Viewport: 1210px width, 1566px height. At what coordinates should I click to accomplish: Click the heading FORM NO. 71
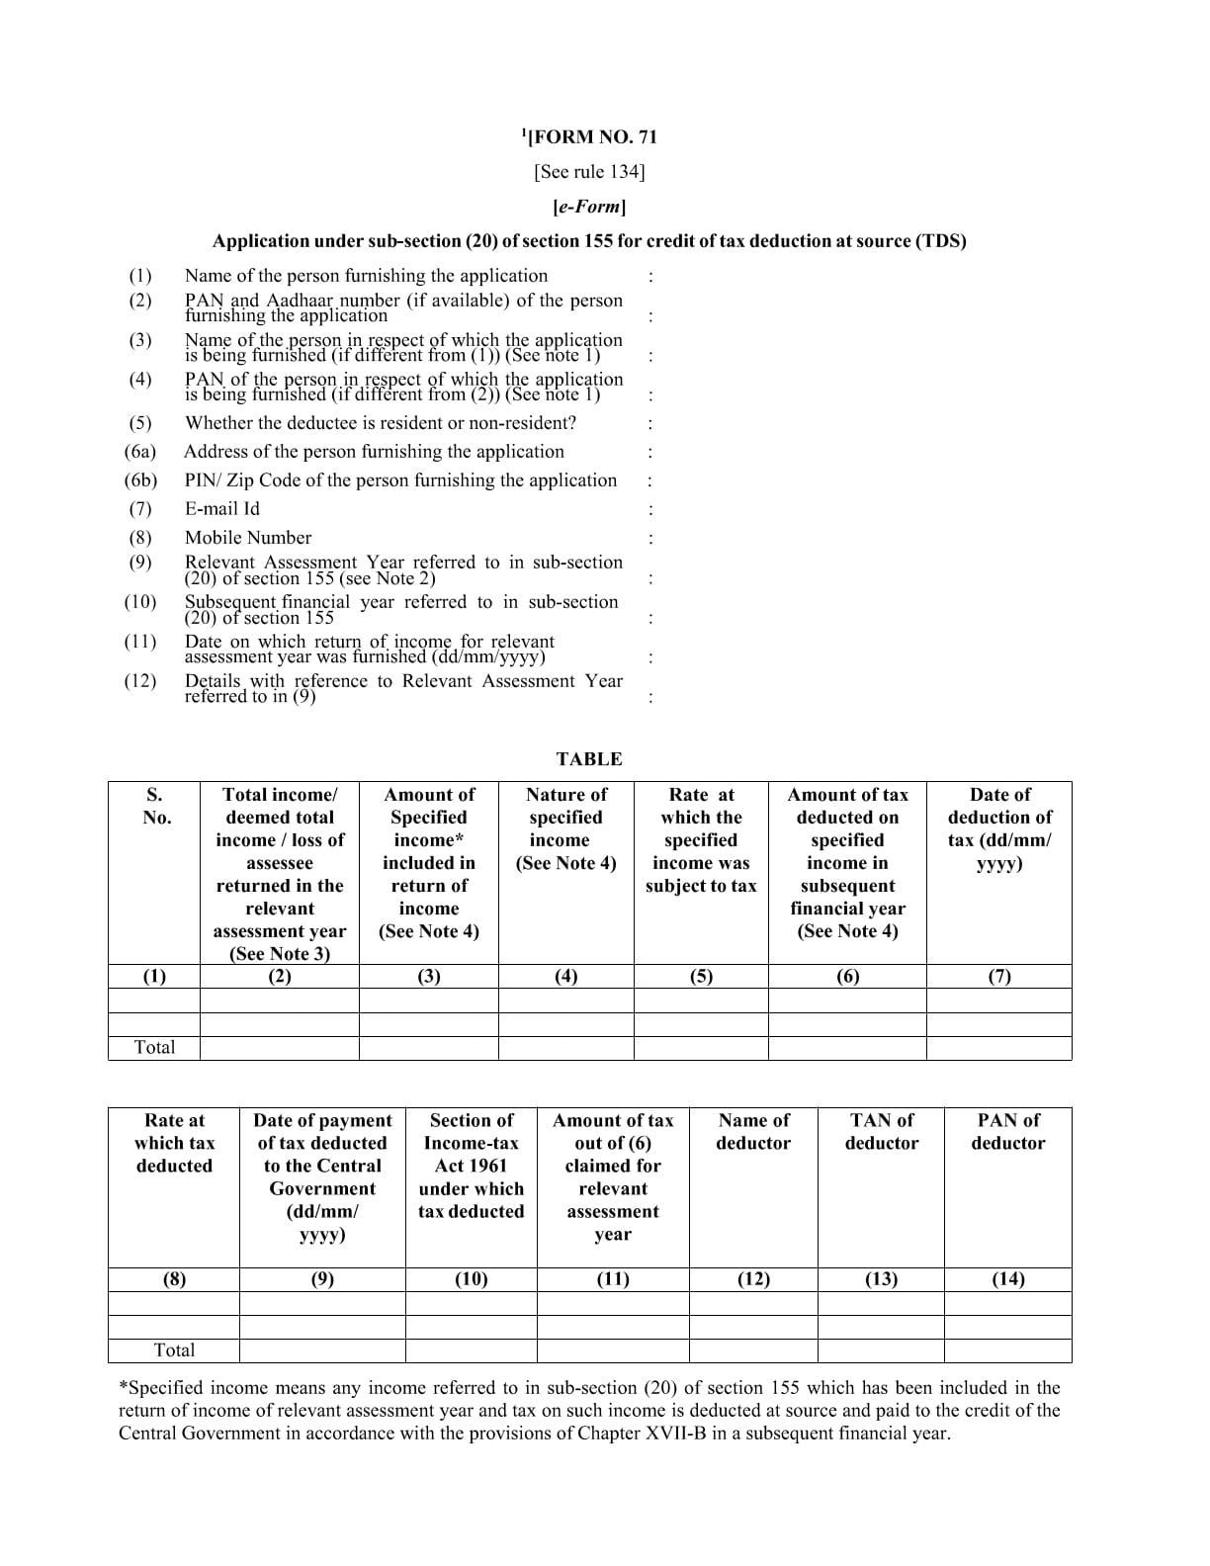point(591,137)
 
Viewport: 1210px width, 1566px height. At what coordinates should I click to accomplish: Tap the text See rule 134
point(589,172)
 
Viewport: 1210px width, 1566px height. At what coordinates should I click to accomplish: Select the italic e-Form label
point(589,207)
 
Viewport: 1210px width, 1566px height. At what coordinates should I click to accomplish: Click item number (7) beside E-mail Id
point(139,509)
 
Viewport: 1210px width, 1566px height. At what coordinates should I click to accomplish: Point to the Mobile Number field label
point(248,538)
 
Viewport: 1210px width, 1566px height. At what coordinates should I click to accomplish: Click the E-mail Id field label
point(222,509)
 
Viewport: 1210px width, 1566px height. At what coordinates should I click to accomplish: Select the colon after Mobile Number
point(649,539)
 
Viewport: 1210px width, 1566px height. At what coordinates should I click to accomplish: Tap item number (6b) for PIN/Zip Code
point(140,480)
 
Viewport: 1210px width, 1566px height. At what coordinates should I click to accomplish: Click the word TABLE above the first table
point(589,759)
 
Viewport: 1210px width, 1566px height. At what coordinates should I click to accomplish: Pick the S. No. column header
point(155,806)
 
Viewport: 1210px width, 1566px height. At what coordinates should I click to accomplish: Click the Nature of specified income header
point(565,828)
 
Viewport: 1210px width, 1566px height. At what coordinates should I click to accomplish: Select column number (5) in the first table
point(701,977)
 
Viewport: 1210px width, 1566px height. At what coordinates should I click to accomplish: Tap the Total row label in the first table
point(154,1048)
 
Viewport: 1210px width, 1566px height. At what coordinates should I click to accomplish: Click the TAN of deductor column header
point(881,1132)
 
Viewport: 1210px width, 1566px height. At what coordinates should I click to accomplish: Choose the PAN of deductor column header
point(1007,1132)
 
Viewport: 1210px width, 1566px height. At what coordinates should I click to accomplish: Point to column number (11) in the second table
point(613,1279)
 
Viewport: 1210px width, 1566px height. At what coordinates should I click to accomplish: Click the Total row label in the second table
point(174,1350)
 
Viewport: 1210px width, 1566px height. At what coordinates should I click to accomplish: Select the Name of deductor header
point(753,1132)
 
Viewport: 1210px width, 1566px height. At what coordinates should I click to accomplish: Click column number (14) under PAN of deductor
point(1007,1279)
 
